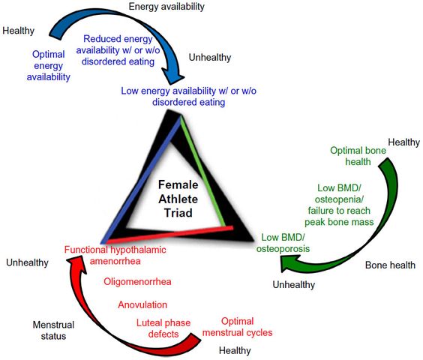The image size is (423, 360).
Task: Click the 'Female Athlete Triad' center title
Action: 178,199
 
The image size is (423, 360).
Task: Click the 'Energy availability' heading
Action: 166,7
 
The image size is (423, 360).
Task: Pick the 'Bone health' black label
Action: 390,265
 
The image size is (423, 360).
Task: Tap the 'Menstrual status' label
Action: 53,330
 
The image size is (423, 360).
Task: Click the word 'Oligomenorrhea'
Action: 137,282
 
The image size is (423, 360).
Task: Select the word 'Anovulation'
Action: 142,304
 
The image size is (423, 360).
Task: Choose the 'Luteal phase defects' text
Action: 163,328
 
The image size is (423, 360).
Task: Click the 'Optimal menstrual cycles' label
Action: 238,327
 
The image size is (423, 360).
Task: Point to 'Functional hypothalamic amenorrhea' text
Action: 115,255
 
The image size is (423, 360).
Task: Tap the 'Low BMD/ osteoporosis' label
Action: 283,243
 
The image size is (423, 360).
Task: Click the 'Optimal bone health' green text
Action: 358,156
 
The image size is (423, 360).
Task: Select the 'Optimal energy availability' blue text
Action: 48,65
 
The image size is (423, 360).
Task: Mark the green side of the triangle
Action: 203,170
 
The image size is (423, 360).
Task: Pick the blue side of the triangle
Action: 141,180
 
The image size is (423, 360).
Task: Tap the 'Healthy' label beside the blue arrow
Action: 18,31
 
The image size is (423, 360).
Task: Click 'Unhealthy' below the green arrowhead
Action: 294,284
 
